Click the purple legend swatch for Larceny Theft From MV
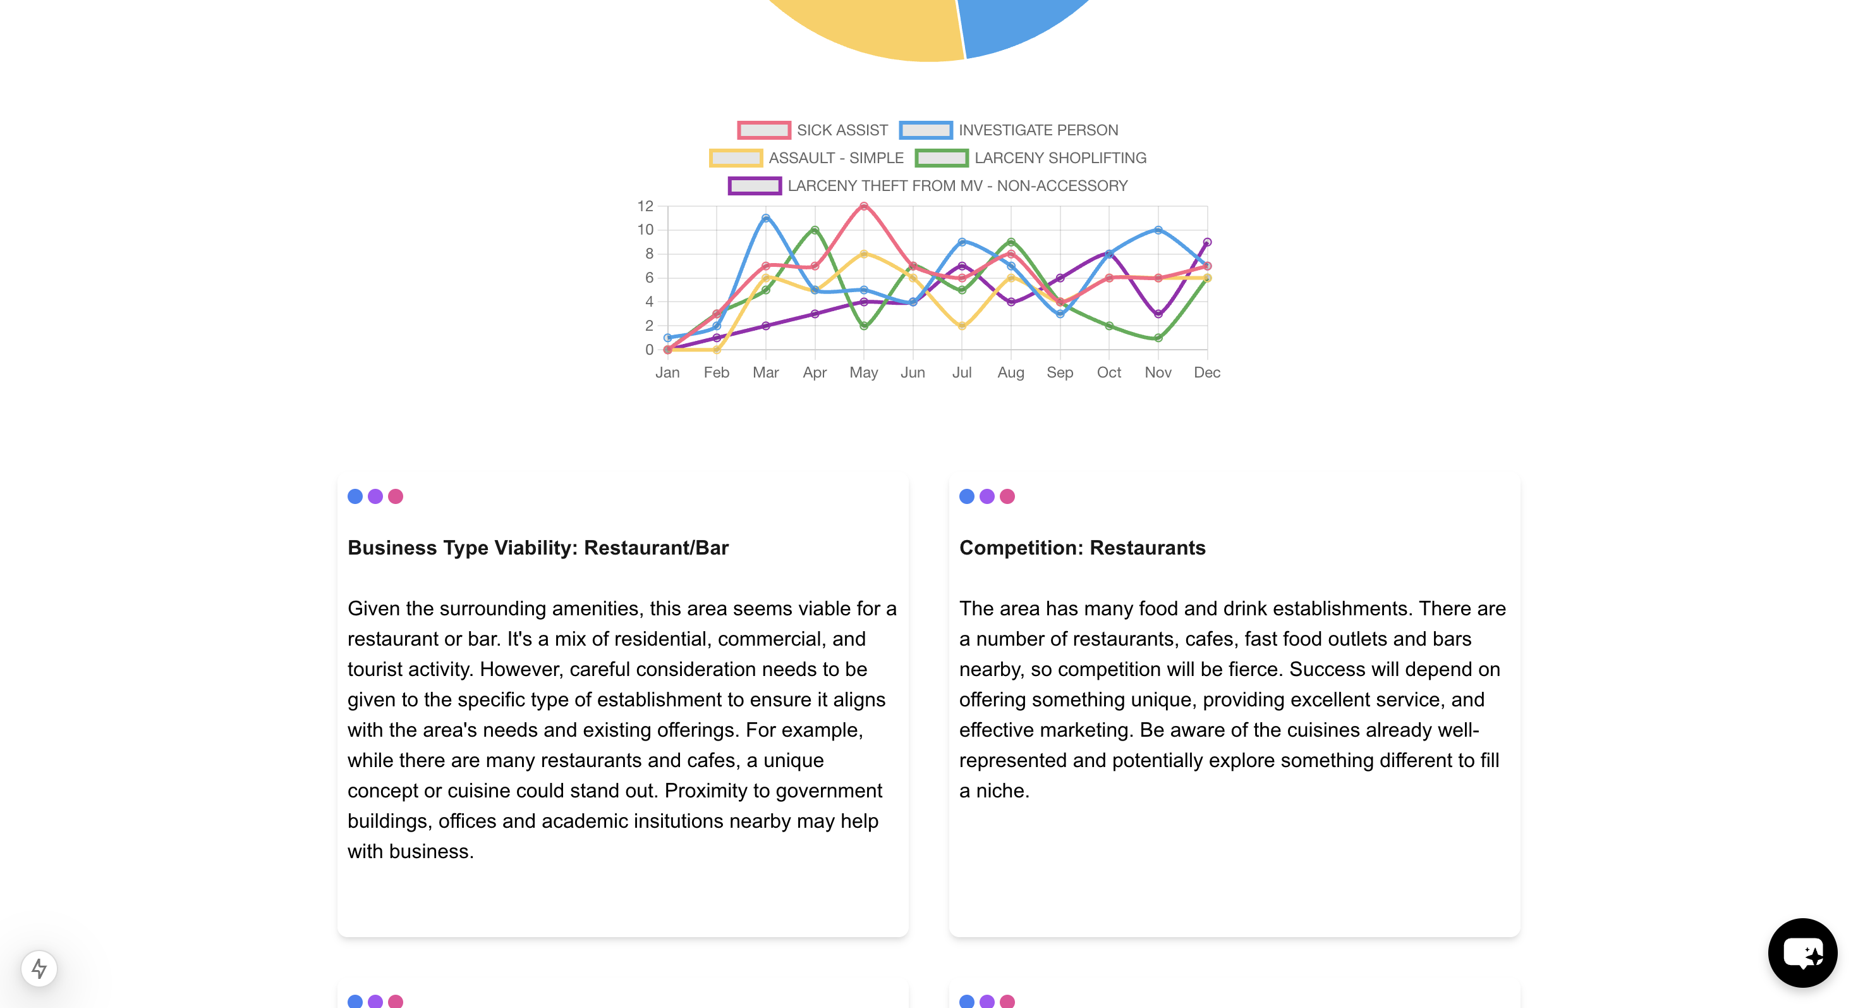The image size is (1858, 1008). [x=755, y=186]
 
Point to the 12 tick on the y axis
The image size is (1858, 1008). [x=645, y=206]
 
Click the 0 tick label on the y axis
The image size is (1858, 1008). [x=649, y=350]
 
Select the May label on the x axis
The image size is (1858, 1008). [x=863, y=372]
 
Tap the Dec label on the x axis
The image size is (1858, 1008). [x=1206, y=372]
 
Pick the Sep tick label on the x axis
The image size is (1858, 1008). [x=1060, y=372]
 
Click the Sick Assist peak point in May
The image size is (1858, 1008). [x=863, y=206]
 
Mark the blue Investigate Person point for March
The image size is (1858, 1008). [x=765, y=218]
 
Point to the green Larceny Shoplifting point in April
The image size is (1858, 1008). [x=815, y=230]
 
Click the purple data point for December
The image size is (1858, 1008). [x=1206, y=242]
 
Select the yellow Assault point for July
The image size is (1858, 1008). [x=961, y=326]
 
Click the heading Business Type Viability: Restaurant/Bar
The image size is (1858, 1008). [x=538, y=548]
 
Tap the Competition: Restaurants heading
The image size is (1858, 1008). [x=1082, y=548]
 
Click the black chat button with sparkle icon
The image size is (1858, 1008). [x=1802, y=952]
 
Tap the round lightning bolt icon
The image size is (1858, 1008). [x=39, y=968]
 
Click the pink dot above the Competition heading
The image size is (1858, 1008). [x=1007, y=496]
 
